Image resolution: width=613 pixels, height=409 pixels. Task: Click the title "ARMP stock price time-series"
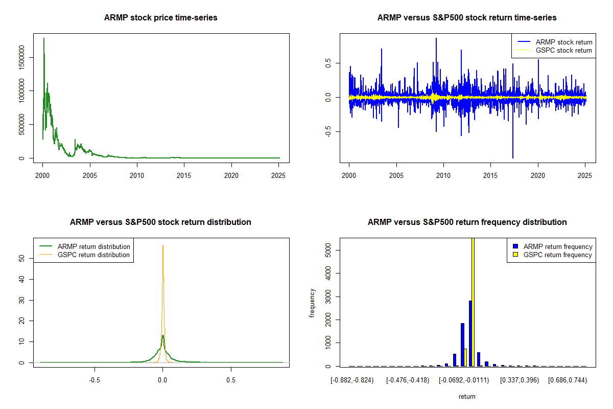(161, 18)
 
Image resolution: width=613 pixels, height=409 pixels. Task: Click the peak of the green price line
(44, 38)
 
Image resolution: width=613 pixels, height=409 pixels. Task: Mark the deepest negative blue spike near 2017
(512, 157)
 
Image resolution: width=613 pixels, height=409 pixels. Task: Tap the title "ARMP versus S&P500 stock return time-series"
(467, 18)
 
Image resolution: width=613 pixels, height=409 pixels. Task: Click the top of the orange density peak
(163, 246)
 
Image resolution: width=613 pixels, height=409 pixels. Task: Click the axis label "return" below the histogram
(467, 396)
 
